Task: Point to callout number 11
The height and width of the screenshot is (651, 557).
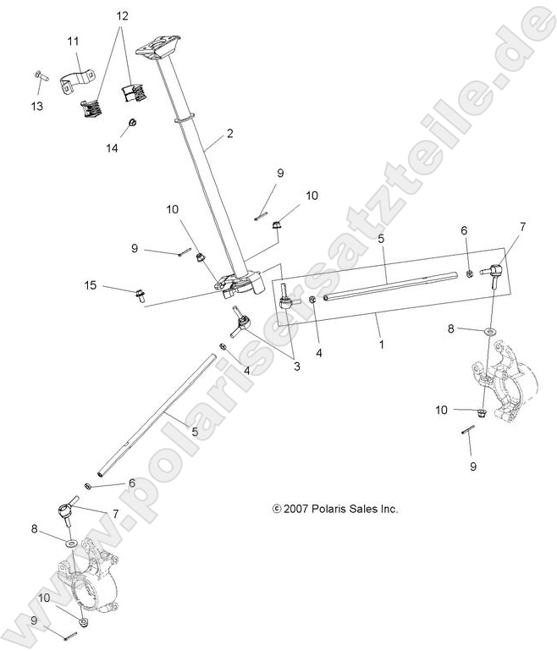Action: coord(73,41)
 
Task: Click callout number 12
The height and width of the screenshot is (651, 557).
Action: coord(123,16)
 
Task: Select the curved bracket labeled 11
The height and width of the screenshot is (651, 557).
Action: coord(80,82)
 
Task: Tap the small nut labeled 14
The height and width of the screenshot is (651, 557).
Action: coord(133,124)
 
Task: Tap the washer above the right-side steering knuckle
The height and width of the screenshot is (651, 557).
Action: coord(490,328)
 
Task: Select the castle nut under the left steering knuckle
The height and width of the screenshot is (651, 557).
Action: coord(84,622)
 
